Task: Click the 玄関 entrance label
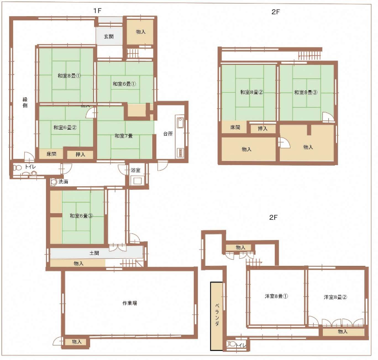(109, 36)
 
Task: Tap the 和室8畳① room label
(69, 76)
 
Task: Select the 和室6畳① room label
(124, 84)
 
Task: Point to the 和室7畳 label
(123, 136)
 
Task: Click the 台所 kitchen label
(168, 134)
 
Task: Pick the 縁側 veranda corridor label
(25, 102)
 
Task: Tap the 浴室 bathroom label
(136, 170)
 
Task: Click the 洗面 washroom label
(63, 182)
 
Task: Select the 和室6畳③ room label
(81, 216)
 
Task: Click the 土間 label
(94, 253)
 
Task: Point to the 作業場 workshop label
(130, 303)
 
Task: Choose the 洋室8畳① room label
(276, 296)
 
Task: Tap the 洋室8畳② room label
(335, 297)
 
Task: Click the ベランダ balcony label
(217, 314)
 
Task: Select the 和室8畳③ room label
(306, 92)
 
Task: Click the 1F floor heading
(97, 11)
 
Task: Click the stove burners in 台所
(180, 153)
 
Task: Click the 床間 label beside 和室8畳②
(235, 127)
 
